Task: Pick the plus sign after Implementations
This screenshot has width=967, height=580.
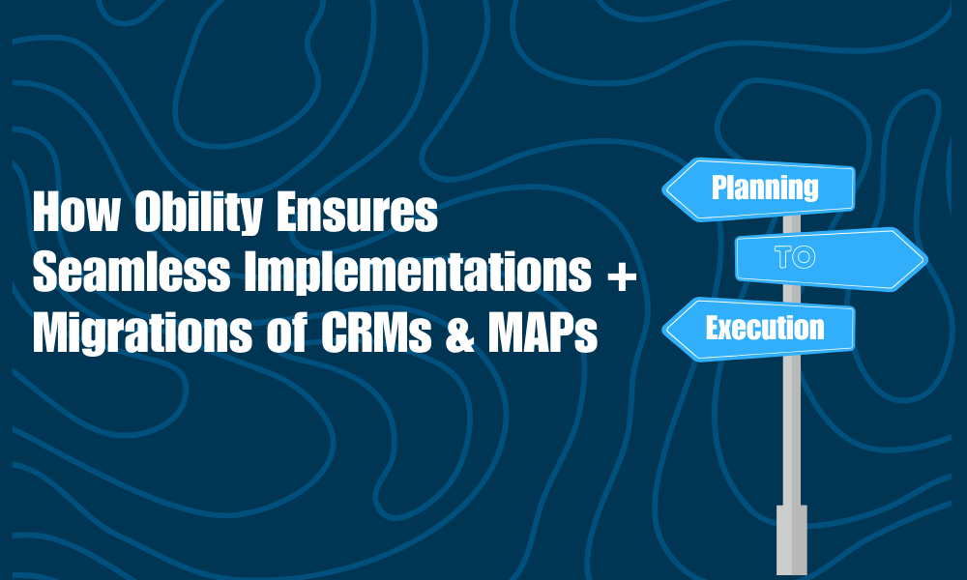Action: (x=621, y=276)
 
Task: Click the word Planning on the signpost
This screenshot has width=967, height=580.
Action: (x=765, y=187)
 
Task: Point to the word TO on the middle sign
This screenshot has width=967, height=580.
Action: (x=796, y=258)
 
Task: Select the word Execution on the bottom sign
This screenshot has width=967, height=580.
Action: (x=764, y=328)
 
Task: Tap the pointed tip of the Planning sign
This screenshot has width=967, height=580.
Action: (x=665, y=189)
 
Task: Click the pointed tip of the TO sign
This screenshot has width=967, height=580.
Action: (x=923, y=259)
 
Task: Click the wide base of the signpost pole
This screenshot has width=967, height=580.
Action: (x=792, y=538)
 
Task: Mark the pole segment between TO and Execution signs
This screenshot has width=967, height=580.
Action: (x=791, y=294)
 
